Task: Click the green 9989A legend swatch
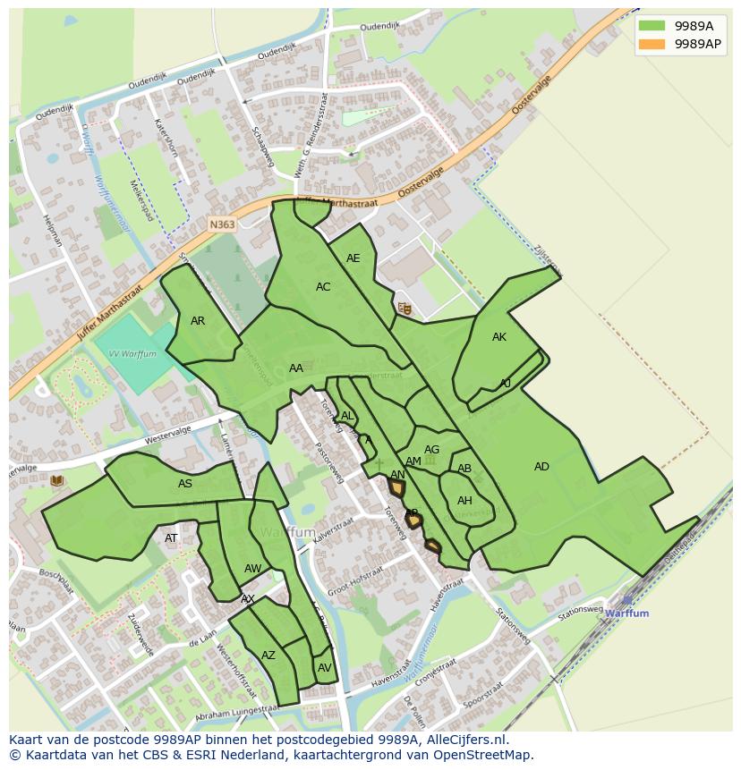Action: click(652, 26)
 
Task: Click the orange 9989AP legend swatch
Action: click(652, 43)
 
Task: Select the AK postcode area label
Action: click(499, 337)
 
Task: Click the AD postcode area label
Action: click(541, 467)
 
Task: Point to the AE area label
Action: click(353, 258)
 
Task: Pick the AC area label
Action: click(323, 287)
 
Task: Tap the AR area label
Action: click(198, 321)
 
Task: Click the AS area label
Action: click(184, 484)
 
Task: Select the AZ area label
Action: click(268, 656)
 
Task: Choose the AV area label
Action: click(324, 668)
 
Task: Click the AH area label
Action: click(464, 501)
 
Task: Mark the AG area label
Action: click(431, 450)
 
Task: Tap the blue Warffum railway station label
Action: click(626, 613)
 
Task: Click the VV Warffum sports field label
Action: click(132, 354)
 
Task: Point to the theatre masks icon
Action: click(405, 308)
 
